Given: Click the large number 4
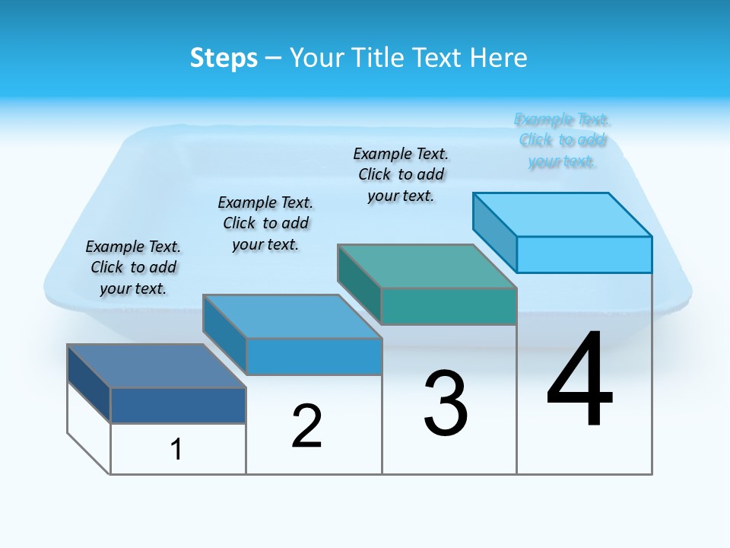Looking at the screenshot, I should point(579,381).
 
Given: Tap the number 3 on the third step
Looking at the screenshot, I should point(446,403).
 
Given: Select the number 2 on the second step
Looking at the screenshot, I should point(306,426).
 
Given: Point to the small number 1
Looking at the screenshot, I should point(176,449).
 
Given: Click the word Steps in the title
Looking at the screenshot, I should point(224,58).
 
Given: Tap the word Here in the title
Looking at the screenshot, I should point(500,58).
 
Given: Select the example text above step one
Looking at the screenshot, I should point(133,267).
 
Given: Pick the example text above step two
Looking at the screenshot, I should point(265,223).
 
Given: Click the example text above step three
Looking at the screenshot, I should point(401,174).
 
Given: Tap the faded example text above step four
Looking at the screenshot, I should point(562,140).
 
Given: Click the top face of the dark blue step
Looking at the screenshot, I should point(157,366).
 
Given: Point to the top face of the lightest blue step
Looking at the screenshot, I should point(563,215).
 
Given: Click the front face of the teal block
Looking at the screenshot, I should point(449,307).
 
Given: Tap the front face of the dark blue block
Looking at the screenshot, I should point(178,406).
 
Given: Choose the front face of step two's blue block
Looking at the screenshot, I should point(313,356).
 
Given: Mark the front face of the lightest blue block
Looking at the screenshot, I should point(584,254).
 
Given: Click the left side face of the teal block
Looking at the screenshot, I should point(359,285).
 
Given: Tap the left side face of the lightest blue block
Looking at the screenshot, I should point(494,232).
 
